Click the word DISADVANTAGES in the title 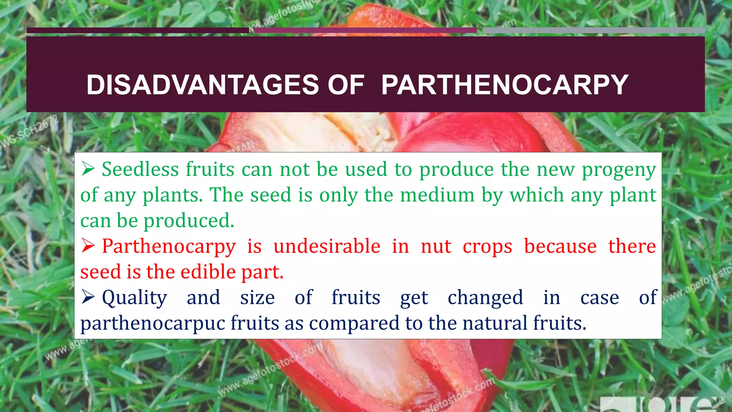(x=203, y=85)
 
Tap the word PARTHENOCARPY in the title (x=504, y=85)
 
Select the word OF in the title (x=346, y=85)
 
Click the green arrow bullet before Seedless (x=88, y=169)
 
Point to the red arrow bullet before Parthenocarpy (x=88, y=246)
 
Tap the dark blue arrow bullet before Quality (x=88, y=297)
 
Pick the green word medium (x=437, y=195)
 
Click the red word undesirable (x=327, y=246)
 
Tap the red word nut (x=436, y=247)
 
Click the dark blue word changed (x=485, y=298)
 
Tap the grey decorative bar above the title (x=593, y=30)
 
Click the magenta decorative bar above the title (x=365, y=30)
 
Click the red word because (x=560, y=246)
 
